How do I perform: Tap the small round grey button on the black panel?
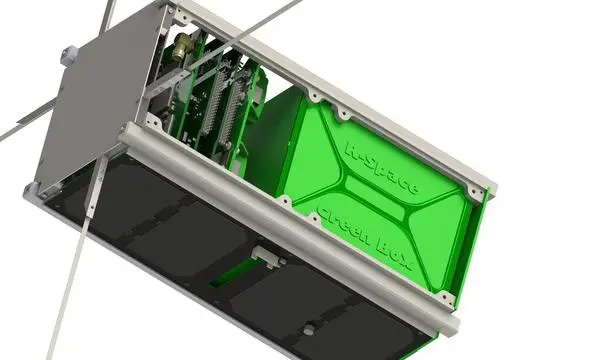pyautogui.click(x=310, y=327)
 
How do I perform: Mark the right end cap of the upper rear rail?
pyautogui.click(x=485, y=185)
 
